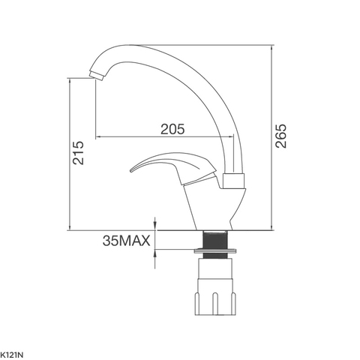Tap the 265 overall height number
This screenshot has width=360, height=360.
point(281,136)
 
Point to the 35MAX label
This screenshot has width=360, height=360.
point(127,241)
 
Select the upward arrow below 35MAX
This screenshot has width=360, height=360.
point(155,255)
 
